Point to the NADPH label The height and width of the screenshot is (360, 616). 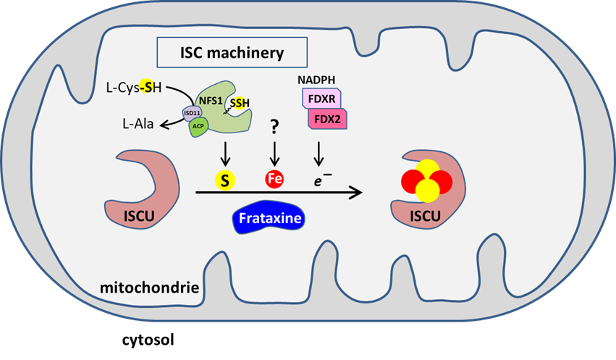pyautogui.click(x=317, y=78)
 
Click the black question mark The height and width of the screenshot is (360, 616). pyautogui.click(x=275, y=127)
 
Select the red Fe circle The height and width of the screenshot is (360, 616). pyautogui.click(x=275, y=178)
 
